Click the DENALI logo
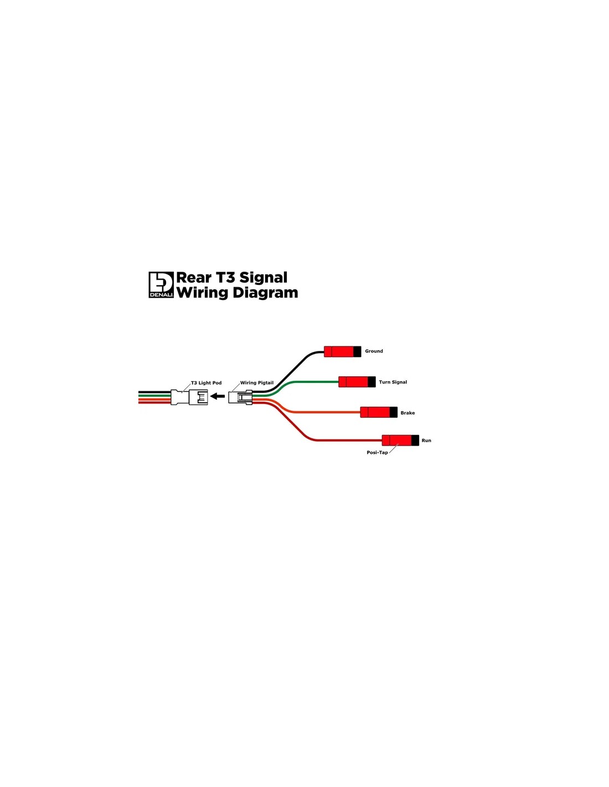(x=161, y=284)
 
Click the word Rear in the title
(x=193, y=278)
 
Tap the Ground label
(x=374, y=351)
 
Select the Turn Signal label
(x=393, y=382)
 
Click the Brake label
(x=407, y=413)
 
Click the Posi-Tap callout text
(x=377, y=452)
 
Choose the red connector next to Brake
(x=379, y=412)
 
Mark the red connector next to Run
(x=400, y=440)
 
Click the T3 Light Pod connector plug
(x=189, y=397)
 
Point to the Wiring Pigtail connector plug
(x=240, y=397)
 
